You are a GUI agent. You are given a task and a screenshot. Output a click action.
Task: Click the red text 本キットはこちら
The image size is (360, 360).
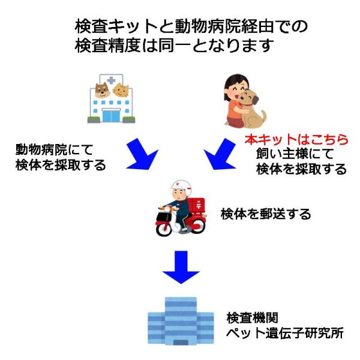click(x=296, y=140)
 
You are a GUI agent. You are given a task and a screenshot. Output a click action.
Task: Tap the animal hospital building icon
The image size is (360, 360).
click(x=112, y=98)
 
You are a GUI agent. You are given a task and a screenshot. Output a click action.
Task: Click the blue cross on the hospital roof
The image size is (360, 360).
click(x=111, y=80)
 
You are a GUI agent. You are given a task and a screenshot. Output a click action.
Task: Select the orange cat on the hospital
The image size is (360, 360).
click(x=121, y=90)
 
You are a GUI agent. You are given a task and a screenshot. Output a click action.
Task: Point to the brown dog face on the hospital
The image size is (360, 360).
click(x=102, y=90)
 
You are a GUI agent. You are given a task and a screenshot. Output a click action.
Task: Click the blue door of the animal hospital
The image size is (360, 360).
click(x=111, y=115)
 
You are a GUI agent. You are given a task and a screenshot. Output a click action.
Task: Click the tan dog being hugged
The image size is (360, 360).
click(x=251, y=109)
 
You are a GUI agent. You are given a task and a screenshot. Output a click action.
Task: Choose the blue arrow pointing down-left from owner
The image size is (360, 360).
click(x=220, y=154)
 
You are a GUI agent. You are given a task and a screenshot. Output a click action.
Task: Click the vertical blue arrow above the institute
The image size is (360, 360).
click(x=181, y=267)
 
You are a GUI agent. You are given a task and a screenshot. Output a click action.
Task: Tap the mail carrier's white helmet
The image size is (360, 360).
click(x=181, y=187)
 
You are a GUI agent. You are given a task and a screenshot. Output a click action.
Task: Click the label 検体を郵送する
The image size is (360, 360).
click(x=266, y=214)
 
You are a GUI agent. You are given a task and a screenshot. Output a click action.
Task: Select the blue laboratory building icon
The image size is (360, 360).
click(x=181, y=321)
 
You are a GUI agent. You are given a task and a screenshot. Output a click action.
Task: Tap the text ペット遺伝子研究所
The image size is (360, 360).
click(x=284, y=333)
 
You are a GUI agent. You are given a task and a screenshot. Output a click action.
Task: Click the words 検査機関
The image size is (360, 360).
click(x=252, y=317)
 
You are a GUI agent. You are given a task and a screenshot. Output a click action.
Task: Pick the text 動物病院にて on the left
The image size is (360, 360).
click(x=54, y=149)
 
